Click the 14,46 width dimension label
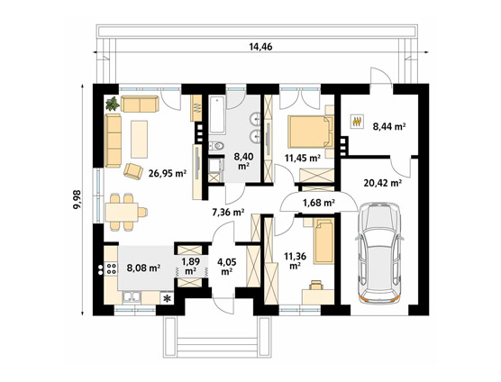(x=260, y=47)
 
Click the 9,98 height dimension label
(x=77, y=200)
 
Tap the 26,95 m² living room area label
(x=168, y=174)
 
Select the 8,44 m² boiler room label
(x=389, y=127)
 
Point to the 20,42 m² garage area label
(x=383, y=183)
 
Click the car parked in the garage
(x=379, y=252)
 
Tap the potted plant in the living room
(x=113, y=104)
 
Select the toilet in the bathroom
(x=216, y=146)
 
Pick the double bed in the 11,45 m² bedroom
(x=310, y=132)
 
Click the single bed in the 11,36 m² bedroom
(x=323, y=241)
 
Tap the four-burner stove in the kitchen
(x=112, y=268)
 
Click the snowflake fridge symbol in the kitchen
(x=167, y=298)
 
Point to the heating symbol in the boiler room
(x=357, y=122)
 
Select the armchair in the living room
(x=133, y=171)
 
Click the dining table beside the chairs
(x=122, y=212)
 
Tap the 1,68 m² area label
(x=319, y=203)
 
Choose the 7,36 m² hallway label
(x=229, y=212)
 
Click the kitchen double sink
(x=132, y=297)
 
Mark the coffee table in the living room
(x=140, y=139)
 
